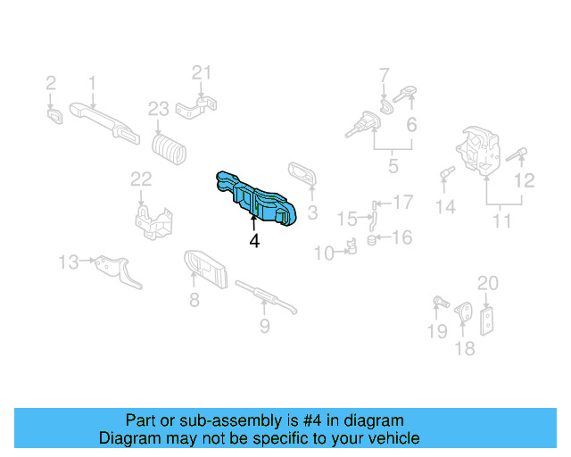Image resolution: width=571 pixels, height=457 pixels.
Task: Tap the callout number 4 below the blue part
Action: pyautogui.click(x=254, y=241)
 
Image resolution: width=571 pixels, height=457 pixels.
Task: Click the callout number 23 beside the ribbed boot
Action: pyautogui.click(x=158, y=109)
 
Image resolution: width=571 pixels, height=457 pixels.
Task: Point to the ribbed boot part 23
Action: pyautogui.click(x=170, y=147)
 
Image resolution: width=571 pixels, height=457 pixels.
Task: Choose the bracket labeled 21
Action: pyautogui.click(x=198, y=110)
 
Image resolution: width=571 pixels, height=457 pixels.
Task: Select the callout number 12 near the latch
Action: pyautogui.click(x=525, y=180)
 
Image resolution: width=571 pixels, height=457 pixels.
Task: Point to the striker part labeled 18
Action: pyautogui.click(x=464, y=312)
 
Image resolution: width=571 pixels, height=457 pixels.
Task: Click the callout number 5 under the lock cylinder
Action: pyautogui.click(x=393, y=166)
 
